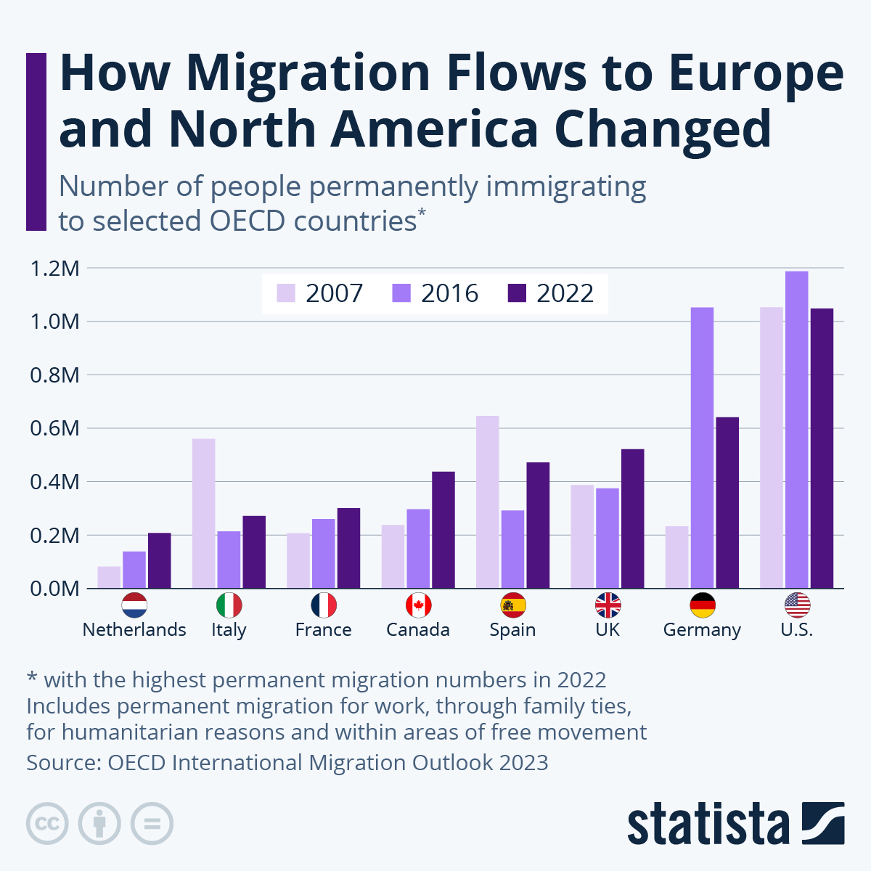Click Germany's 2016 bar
click(x=702, y=447)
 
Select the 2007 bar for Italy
click(x=203, y=513)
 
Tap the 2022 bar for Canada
click(x=443, y=530)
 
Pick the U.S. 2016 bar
click(x=796, y=430)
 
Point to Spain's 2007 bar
click(x=487, y=502)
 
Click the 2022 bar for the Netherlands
click(x=160, y=560)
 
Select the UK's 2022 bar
click(x=632, y=518)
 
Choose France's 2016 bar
click(x=324, y=553)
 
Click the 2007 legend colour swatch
click(x=286, y=293)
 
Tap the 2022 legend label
click(x=565, y=293)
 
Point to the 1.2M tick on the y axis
click(x=54, y=269)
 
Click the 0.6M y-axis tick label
click(x=54, y=428)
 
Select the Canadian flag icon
click(x=418, y=605)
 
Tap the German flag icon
click(x=702, y=605)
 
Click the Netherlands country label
click(x=134, y=629)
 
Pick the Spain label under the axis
click(x=512, y=629)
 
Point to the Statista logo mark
click(x=823, y=823)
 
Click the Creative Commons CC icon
click(x=47, y=824)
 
